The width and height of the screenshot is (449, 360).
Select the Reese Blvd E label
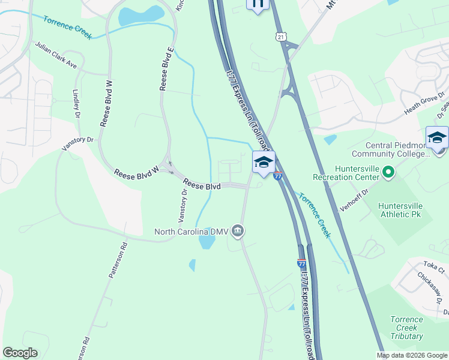166,68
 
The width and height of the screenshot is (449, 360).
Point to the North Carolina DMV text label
191,232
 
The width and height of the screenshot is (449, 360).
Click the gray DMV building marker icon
238,231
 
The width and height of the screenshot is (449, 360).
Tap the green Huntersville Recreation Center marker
388,173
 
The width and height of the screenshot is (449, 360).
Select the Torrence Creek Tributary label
406,328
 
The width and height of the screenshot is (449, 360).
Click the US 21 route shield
280,37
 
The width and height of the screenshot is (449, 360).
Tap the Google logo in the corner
20,353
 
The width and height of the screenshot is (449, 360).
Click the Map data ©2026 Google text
412,355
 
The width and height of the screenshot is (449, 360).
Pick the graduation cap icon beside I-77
264,162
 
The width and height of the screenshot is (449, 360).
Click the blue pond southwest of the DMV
206,242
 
